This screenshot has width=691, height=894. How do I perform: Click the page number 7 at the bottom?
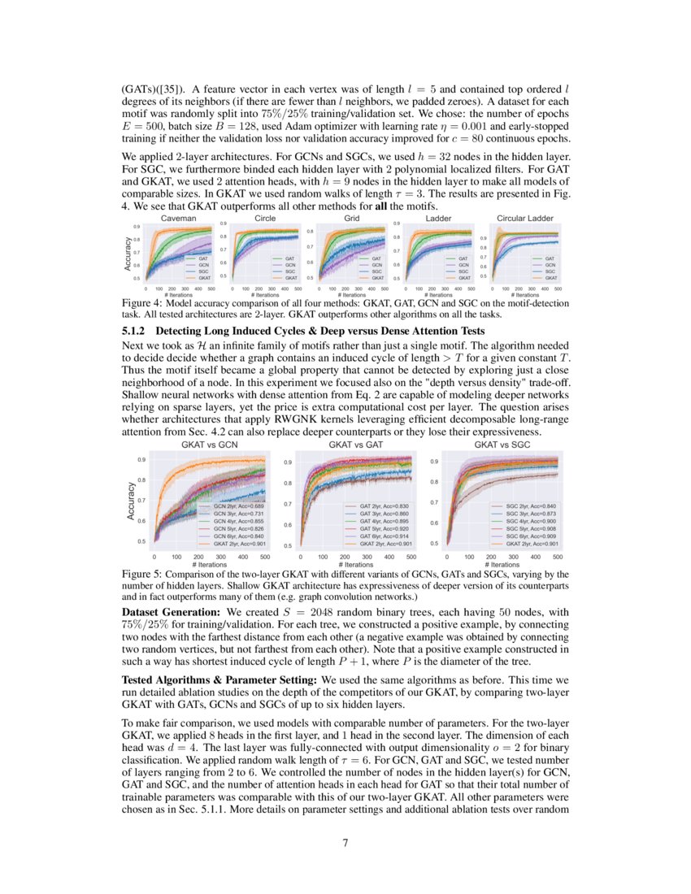coord(345,843)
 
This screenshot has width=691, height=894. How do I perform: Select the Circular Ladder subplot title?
coord(525,219)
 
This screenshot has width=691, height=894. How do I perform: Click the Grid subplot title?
coord(351,219)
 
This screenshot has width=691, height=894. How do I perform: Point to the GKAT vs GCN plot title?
coord(209,445)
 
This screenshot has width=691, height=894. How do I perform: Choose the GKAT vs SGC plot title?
coord(501,445)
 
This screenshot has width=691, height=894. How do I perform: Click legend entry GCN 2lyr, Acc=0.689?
coord(237,506)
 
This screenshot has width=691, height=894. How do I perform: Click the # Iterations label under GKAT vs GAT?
coord(355,564)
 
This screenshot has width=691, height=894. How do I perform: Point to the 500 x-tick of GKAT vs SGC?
coord(558,557)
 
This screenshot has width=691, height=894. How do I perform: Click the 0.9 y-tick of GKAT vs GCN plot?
coord(141,460)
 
